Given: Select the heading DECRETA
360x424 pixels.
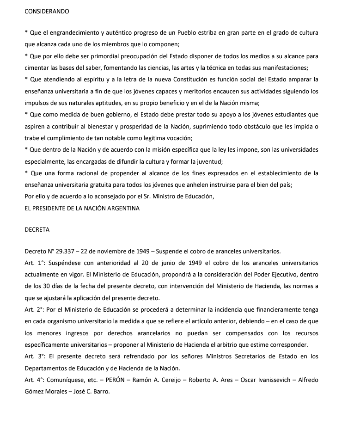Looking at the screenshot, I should tap(37, 228).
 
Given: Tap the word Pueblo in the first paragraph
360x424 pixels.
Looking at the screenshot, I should tap(202, 33).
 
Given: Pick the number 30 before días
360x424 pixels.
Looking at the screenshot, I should tap(50, 286).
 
